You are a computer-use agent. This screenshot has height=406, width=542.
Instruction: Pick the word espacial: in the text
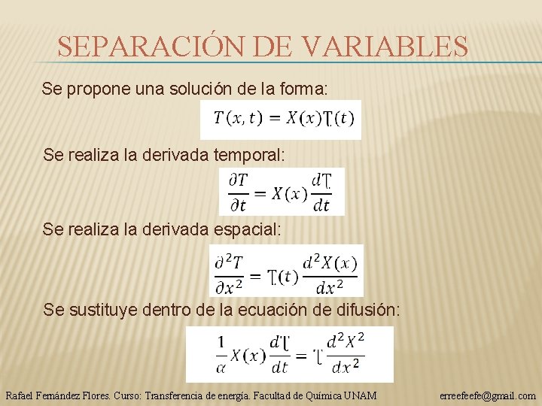click(242, 230)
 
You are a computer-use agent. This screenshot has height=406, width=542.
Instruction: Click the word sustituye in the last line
click(101, 309)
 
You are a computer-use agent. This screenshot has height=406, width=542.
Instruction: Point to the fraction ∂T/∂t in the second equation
click(238, 192)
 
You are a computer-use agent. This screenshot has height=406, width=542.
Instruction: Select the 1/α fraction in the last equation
click(221, 354)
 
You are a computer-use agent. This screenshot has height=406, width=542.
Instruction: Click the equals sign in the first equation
click(274, 119)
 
